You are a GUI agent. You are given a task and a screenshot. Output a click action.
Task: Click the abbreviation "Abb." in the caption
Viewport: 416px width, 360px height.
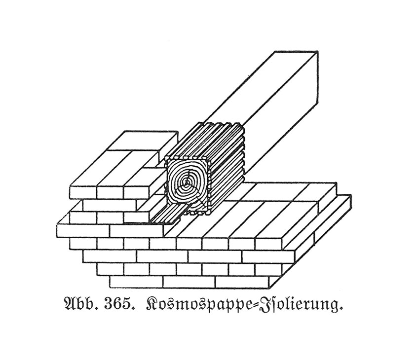[81, 305]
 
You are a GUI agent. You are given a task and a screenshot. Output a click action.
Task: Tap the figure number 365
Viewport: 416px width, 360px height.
[119, 305]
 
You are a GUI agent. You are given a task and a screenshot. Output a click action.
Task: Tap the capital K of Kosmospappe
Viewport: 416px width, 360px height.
[152, 305]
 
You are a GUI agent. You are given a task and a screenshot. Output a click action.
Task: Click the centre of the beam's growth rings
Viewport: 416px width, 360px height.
[187, 181]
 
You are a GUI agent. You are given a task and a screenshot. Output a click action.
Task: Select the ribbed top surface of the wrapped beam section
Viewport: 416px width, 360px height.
[204, 141]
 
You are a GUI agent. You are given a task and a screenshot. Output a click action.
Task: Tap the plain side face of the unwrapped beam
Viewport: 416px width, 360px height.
[281, 117]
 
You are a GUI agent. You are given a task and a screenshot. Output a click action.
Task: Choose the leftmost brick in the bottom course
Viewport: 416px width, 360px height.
[136, 282]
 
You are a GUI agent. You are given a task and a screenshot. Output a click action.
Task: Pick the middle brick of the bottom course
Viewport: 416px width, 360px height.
[189, 282]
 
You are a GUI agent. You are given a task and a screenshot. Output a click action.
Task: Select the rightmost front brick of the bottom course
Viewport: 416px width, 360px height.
[242, 282]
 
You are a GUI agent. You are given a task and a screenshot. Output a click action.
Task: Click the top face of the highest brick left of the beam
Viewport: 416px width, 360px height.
[143, 141]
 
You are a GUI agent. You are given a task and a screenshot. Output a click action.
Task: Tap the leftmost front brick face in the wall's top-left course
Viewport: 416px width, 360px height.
[83, 193]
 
